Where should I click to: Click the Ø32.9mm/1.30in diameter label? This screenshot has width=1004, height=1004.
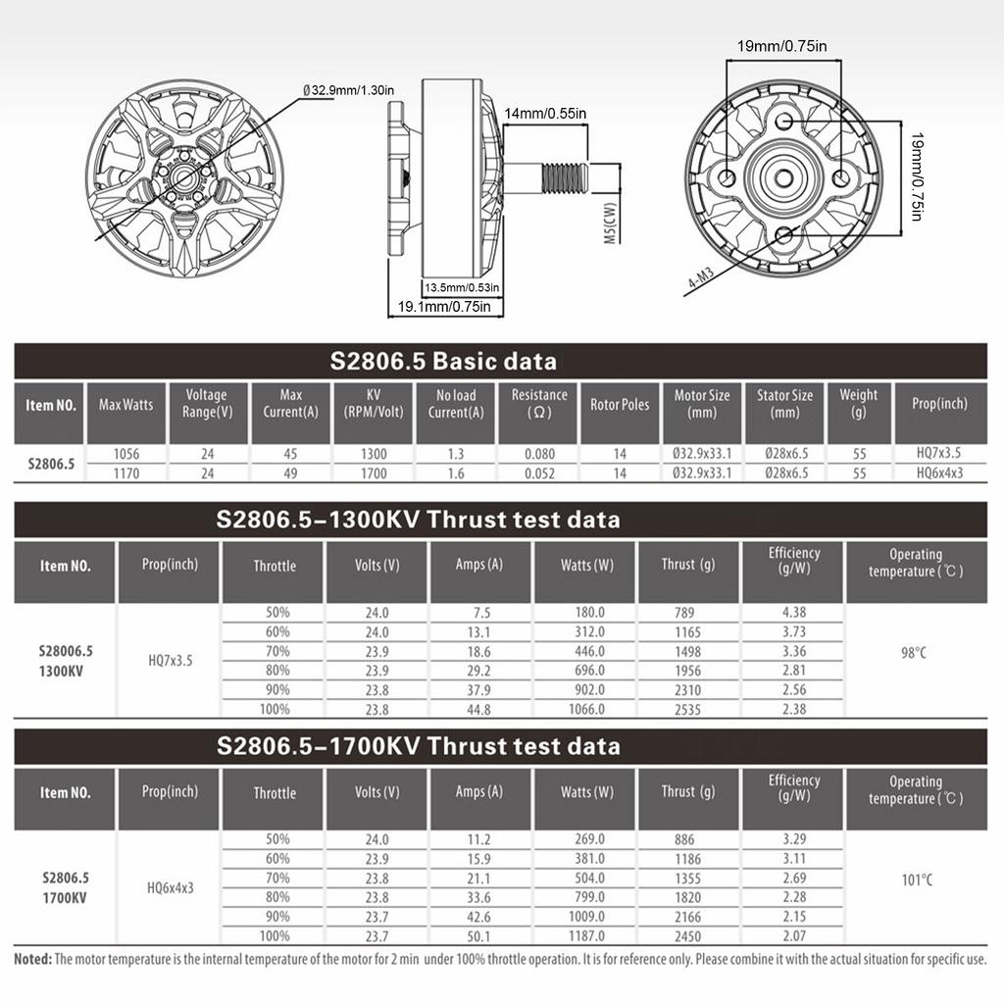coord(348,90)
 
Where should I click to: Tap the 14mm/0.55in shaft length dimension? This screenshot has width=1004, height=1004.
coord(545,114)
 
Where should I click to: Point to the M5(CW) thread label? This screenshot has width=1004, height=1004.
coord(610,223)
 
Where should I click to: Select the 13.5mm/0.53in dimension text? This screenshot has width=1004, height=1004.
coord(462,287)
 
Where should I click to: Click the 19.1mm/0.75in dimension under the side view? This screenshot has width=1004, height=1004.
coord(444,307)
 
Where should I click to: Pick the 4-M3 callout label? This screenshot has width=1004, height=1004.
coord(700,277)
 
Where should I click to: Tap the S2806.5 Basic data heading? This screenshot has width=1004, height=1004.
coord(443,361)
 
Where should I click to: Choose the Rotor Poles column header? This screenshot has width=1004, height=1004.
coord(620,405)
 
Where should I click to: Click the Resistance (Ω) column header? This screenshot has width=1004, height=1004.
coord(539,403)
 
